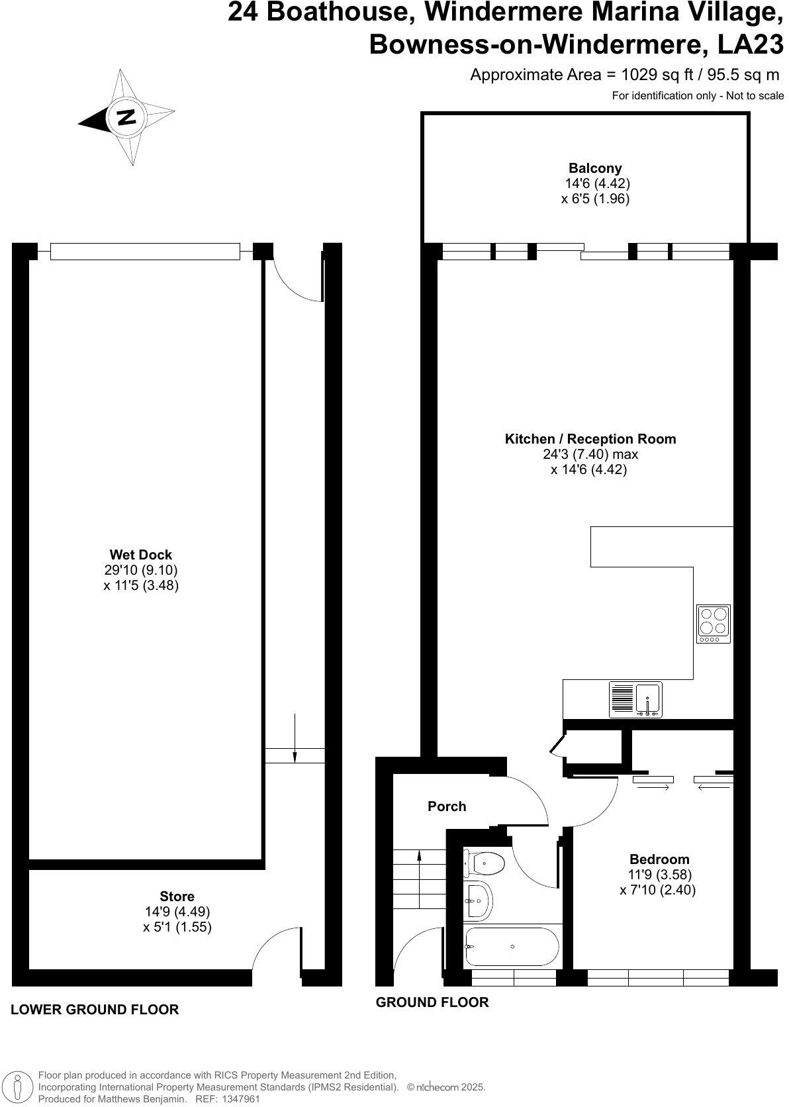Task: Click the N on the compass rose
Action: click(x=126, y=118)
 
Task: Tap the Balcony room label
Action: click(x=595, y=168)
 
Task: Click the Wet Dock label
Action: click(x=140, y=555)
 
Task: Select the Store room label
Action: click(x=177, y=896)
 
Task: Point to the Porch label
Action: click(x=447, y=806)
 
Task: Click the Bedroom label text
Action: click(x=659, y=859)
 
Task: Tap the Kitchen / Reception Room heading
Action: click(x=590, y=439)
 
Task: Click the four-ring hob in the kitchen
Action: click(x=714, y=623)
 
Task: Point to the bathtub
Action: click(x=512, y=947)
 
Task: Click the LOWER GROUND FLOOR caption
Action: click(x=95, y=1010)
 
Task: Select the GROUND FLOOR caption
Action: click(x=432, y=1002)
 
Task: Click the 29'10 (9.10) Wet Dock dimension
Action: click(x=140, y=570)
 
